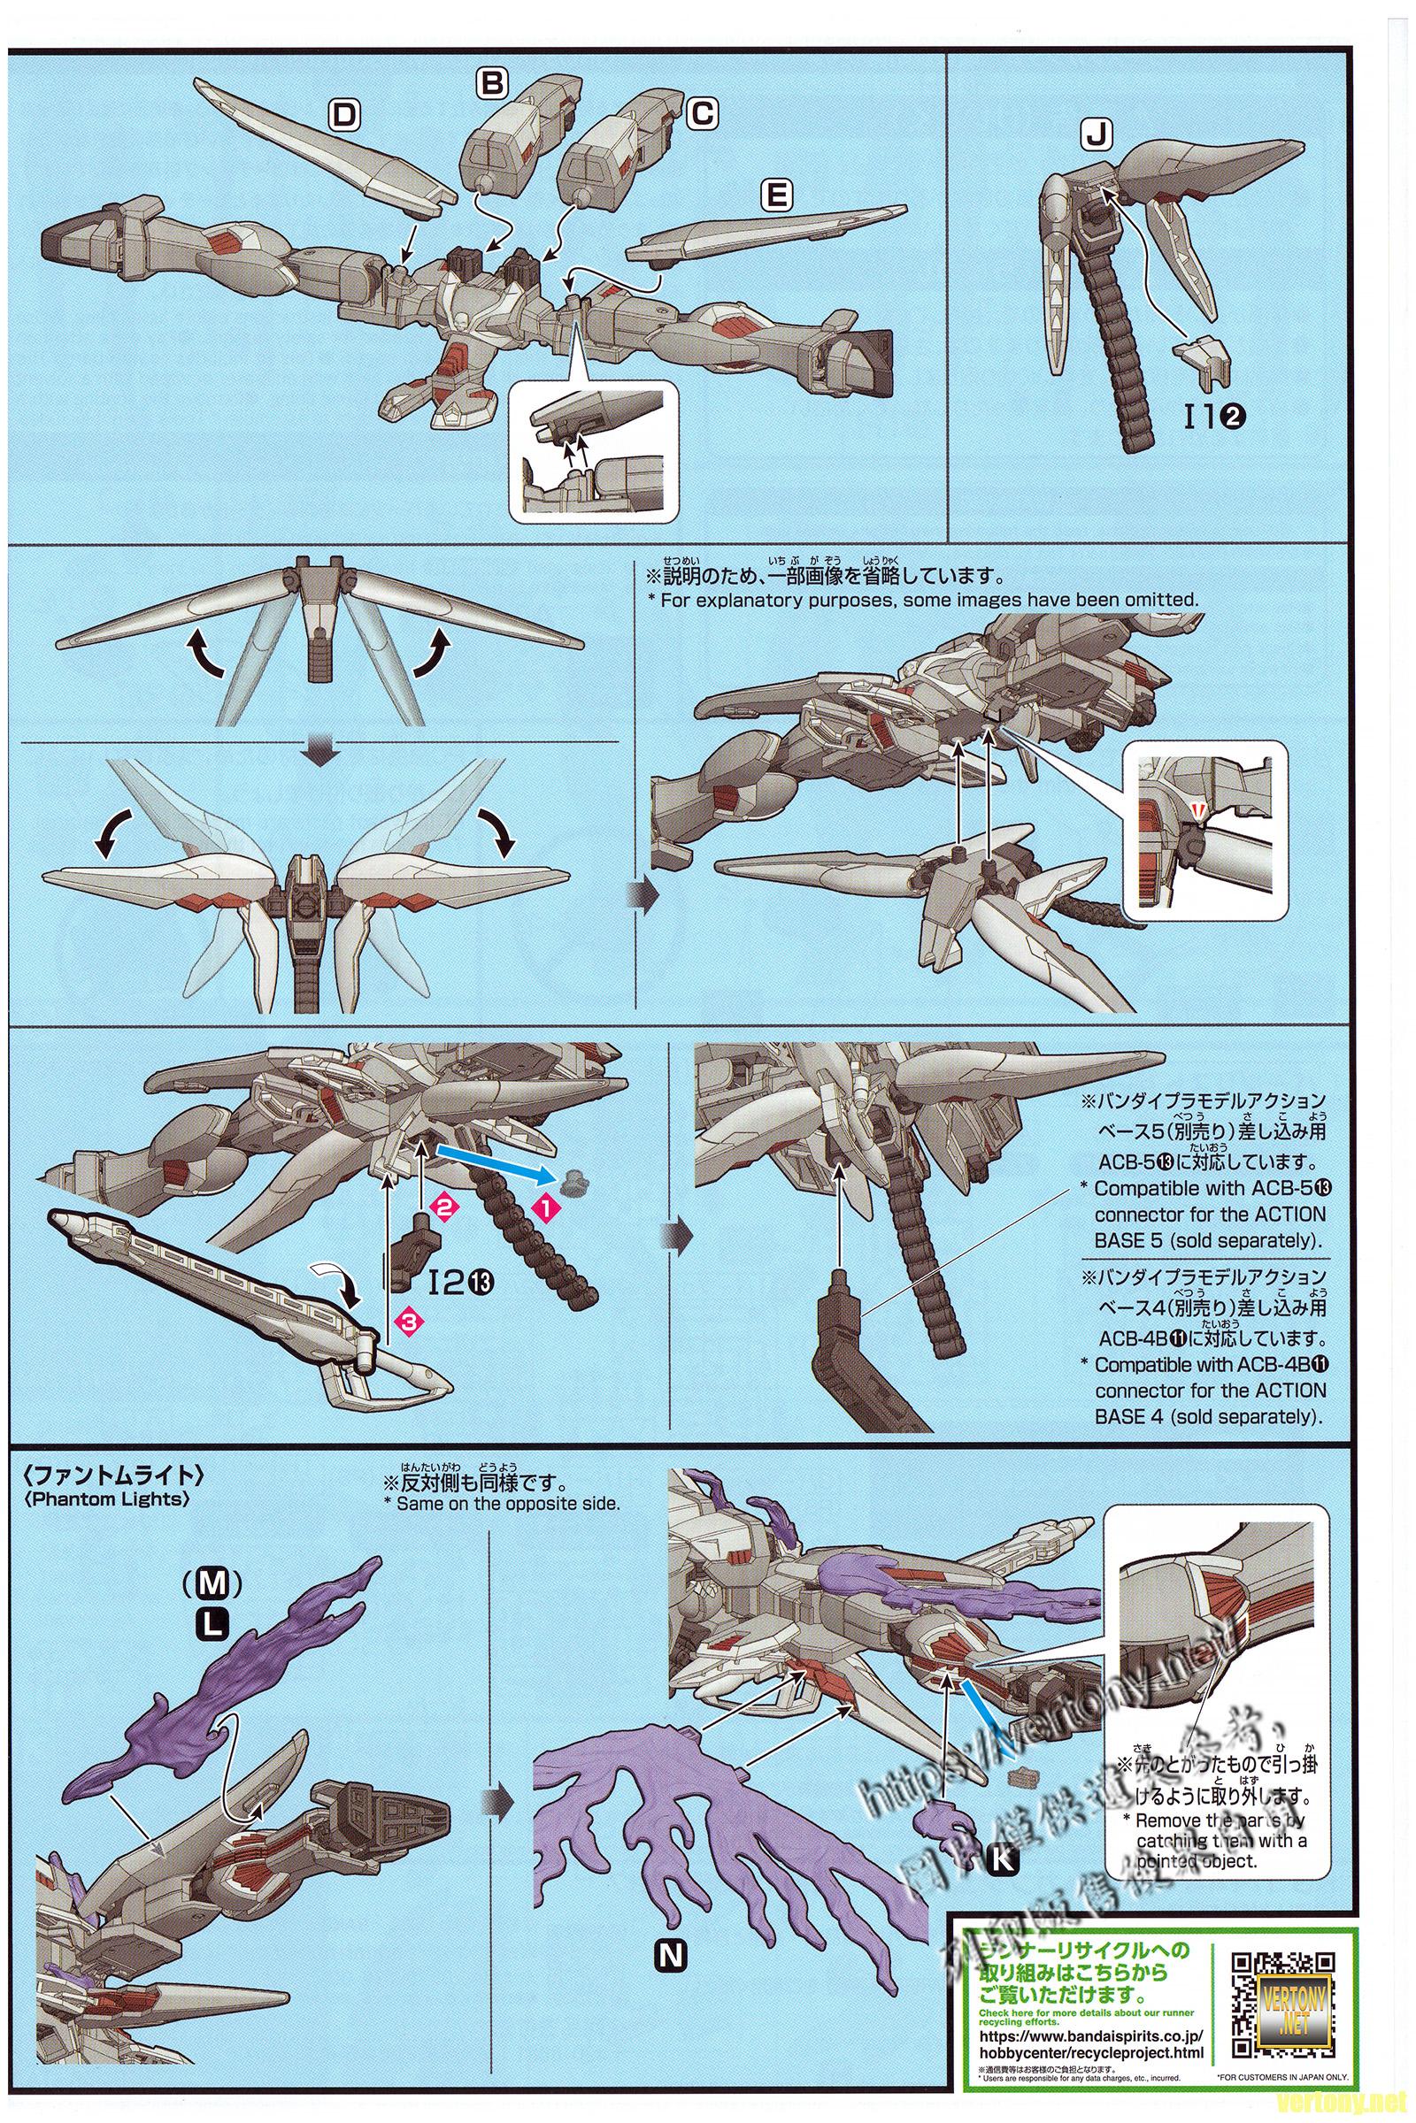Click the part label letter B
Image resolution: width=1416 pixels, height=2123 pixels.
(492, 84)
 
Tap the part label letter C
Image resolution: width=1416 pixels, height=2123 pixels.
(702, 114)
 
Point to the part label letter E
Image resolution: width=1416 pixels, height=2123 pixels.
(778, 195)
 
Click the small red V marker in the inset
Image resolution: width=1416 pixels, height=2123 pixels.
(1196, 813)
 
